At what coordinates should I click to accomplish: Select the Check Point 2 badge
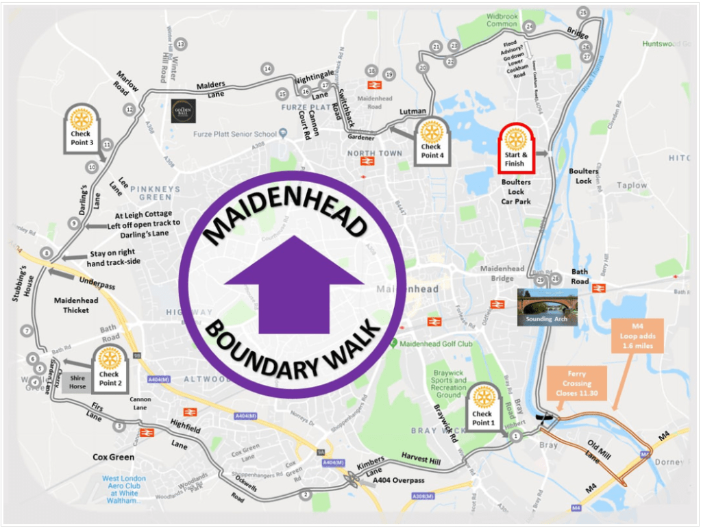coord(109,367)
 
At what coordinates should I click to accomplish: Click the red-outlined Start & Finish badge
coord(515,147)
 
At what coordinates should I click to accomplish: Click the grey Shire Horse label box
coord(77,382)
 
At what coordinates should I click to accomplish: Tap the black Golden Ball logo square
coord(184,111)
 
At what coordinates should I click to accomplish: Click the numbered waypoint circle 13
coord(181,45)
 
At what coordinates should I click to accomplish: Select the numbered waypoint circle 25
coord(583,12)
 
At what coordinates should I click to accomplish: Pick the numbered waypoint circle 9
coord(73,223)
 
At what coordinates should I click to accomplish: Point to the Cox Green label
coord(113,457)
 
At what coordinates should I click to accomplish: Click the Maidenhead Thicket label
coord(76,306)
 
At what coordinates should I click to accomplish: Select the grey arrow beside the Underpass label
coord(62,272)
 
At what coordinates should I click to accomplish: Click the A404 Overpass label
coord(399,481)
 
